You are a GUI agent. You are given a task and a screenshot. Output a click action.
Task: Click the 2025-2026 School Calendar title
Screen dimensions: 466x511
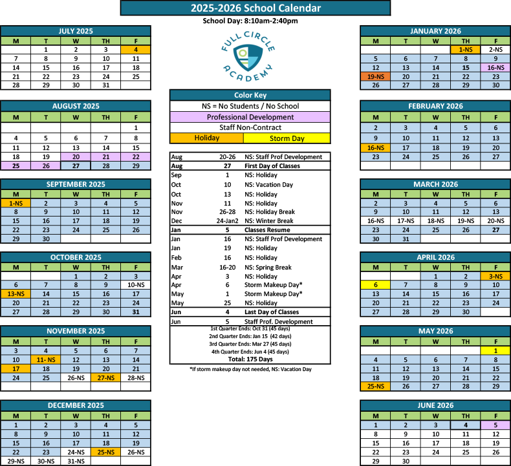click(255, 8)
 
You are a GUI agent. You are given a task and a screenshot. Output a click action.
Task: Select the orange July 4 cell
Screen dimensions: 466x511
click(136, 49)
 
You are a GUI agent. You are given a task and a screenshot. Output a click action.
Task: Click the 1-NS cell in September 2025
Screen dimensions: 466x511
click(16, 203)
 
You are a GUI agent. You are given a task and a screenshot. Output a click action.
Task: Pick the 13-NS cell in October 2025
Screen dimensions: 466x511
click(16, 293)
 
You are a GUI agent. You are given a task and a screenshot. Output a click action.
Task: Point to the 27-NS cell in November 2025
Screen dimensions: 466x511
click(105, 377)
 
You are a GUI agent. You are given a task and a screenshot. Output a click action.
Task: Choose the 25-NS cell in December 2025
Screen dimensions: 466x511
click(105, 452)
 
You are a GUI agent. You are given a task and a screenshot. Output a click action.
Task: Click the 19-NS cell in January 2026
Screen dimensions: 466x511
click(376, 76)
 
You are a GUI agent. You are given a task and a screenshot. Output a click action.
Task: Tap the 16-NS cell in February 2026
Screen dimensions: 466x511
click(376, 147)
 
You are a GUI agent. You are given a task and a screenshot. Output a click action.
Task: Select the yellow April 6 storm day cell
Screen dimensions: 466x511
click(376, 284)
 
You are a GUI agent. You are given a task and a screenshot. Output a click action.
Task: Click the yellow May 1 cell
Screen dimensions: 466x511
click(495, 350)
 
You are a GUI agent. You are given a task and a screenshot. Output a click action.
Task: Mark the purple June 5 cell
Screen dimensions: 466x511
click(495, 425)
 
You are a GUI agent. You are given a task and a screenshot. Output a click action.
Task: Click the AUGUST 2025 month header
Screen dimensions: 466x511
click(76, 105)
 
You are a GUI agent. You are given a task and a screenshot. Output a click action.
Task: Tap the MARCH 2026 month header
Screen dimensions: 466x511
click(435, 184)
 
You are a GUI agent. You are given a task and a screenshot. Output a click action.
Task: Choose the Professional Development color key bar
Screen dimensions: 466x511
click(250, 117)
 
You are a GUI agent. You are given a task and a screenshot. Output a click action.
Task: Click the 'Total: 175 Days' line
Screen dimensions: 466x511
click(250, 359)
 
